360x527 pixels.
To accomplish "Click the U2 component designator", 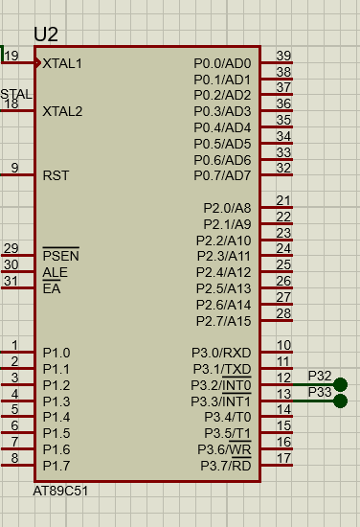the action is [46, 34].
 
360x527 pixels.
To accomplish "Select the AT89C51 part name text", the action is [60, 491].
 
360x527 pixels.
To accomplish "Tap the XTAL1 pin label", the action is [62, 63].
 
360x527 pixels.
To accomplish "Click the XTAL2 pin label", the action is [62, 111].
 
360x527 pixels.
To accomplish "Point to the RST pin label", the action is [56, 175].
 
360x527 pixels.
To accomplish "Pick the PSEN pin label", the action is [60, 256].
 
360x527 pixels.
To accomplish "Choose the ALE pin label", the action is [56, 272].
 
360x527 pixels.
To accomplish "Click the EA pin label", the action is [52, 288].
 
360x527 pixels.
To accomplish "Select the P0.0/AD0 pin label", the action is [222, 63].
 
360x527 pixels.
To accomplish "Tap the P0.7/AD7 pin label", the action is [222, 175].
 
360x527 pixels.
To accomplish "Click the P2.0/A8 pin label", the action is [227, 208].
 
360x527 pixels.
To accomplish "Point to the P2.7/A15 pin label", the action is [224, 321].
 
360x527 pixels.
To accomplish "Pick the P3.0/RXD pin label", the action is [221, 353].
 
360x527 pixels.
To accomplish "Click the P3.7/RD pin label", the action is [226, 466].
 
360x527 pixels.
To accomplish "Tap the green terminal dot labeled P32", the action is [341, 384].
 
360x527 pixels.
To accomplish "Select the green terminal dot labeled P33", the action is [341, 401].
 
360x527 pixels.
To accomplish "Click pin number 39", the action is [283, 56].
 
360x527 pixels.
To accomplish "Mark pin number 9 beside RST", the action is [14, 168].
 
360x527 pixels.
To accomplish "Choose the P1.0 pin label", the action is [56, 353].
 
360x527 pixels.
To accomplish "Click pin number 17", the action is [283, 458].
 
